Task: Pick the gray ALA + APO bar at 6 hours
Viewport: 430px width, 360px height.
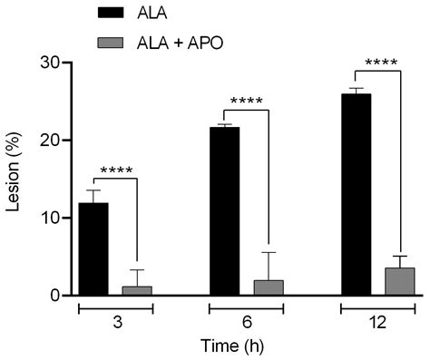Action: (269, 287)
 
